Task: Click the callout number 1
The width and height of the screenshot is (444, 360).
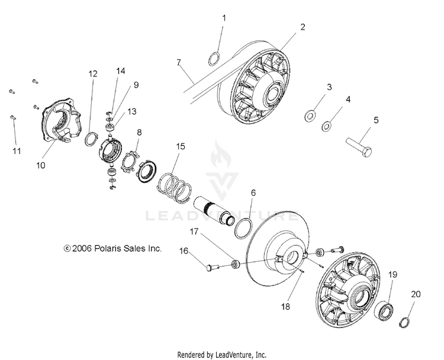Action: (x=224, y=18)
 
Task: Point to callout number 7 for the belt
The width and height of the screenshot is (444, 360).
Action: (x=178, y=62)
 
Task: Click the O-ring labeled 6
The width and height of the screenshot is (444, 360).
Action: (x=243, y=227)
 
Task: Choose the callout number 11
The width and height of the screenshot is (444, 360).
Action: (x=17, y=151)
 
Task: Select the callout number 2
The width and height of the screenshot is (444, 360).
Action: (x=303, y=27)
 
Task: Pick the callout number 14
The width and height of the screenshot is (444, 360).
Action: (x=121, y=71)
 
